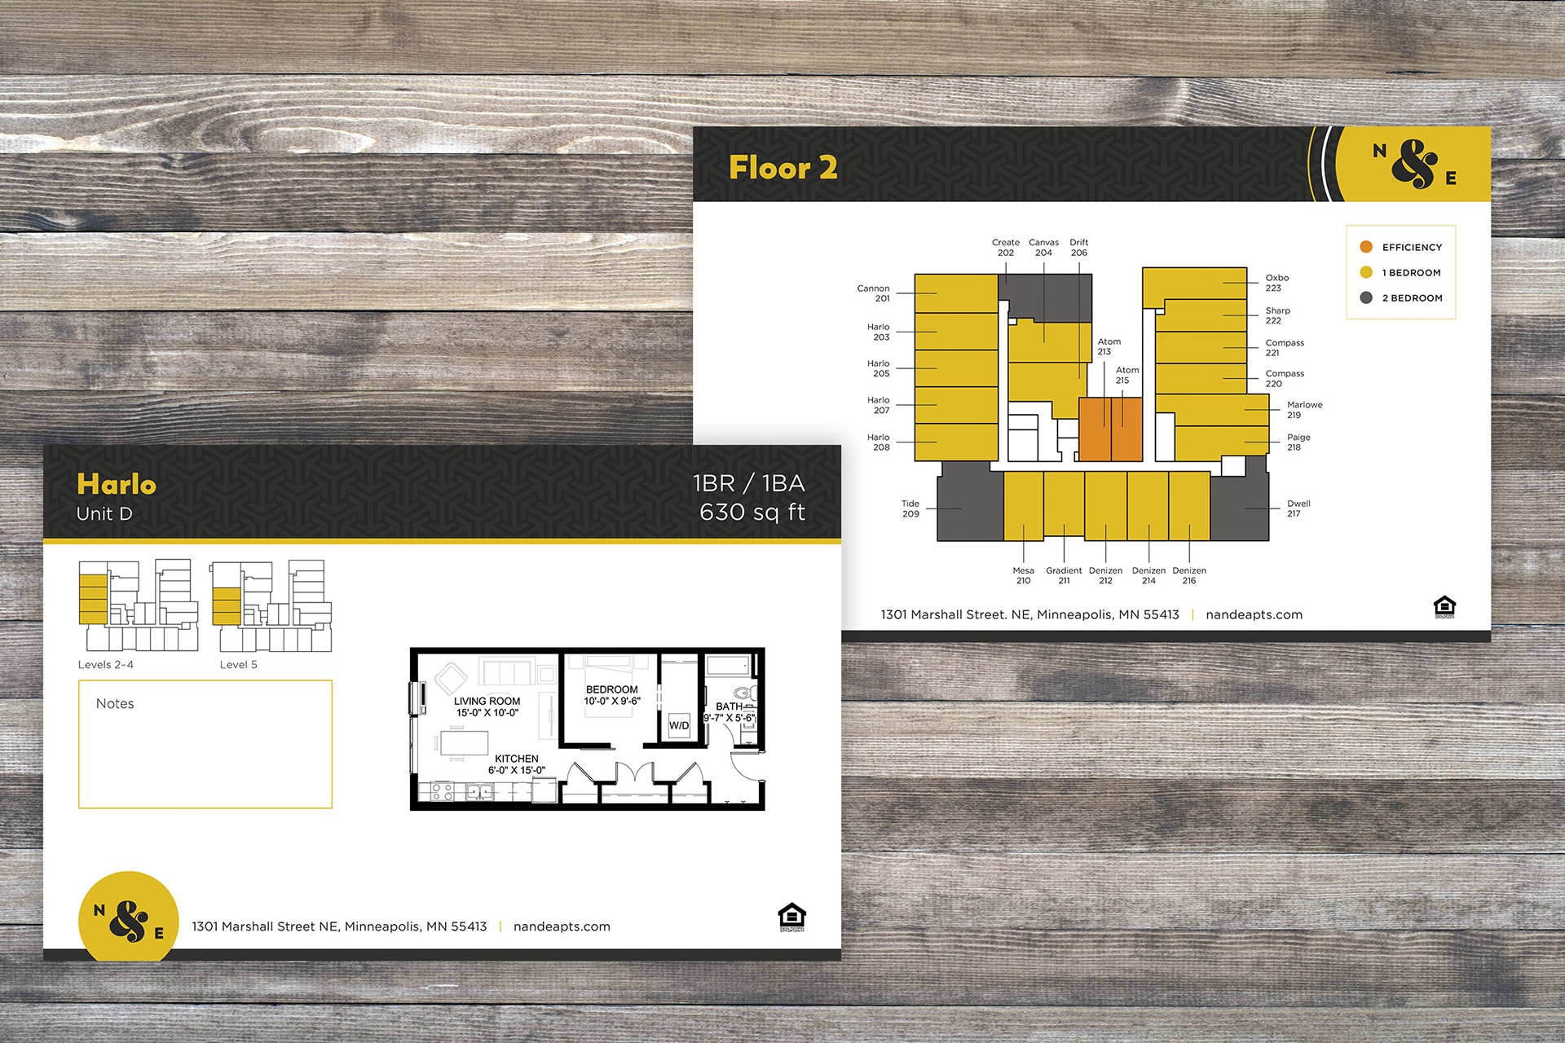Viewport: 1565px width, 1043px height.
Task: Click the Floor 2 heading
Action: click(782, 168)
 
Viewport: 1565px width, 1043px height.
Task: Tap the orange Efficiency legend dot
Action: click(1366, 247)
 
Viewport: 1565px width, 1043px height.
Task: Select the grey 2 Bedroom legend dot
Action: click(1366, 297)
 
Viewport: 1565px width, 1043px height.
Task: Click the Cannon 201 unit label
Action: click(874, 293)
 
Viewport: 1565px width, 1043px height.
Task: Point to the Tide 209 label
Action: click(910, 508)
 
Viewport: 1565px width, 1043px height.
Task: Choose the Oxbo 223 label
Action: click(1276, 283)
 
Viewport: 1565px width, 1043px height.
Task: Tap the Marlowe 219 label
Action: click(1304, 410)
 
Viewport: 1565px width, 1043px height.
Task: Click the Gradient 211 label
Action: click(1064, 575)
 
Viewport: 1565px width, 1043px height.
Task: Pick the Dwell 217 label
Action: click(1298, 508)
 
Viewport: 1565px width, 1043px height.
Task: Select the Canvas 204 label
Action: click(1043, 248)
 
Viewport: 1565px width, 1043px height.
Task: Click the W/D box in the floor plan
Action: click(679, 725)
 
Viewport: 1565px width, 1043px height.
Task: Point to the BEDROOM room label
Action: click(612, 689)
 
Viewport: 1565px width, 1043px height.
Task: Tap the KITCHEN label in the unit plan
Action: click(517, 759)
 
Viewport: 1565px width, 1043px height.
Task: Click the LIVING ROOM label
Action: click(487, 701)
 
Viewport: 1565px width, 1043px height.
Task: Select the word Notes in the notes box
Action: click(115, 703)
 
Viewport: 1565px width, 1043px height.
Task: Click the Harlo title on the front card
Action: click(117, 484)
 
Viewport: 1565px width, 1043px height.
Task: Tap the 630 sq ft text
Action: click(752, 512)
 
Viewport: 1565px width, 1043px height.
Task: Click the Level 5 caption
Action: click(238, 664)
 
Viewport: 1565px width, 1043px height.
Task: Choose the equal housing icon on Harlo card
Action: click(792, 917)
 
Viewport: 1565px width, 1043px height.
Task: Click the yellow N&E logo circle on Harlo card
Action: click(129, 917)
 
